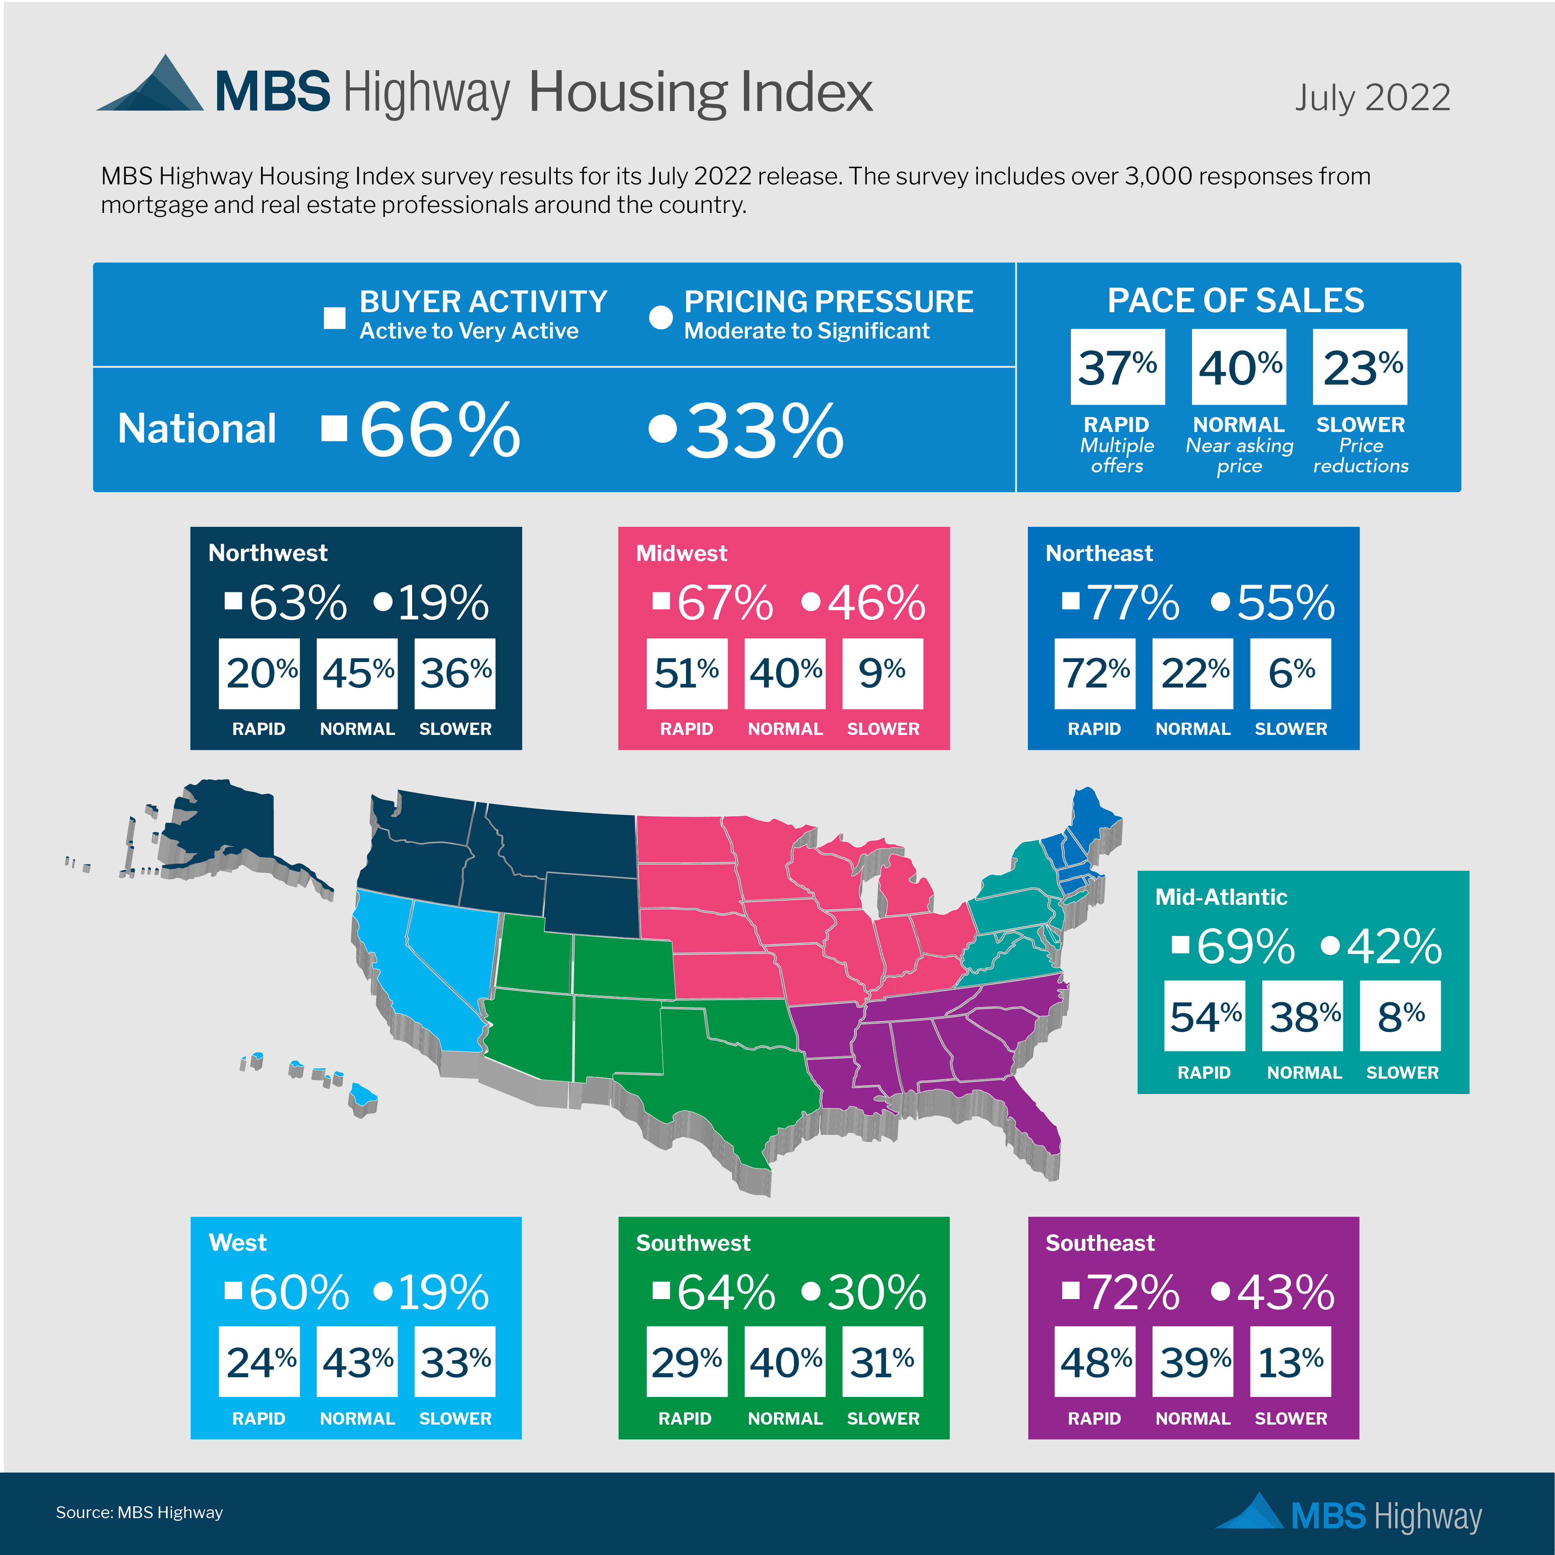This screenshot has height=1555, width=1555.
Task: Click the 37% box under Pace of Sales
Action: point(1117,367)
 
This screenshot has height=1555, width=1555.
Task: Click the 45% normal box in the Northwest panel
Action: point(357,673)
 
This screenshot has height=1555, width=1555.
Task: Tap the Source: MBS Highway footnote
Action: point(139,1512)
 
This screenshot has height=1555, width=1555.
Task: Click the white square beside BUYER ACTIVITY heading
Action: point(334,318)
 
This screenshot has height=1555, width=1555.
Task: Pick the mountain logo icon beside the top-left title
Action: point(153,85)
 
